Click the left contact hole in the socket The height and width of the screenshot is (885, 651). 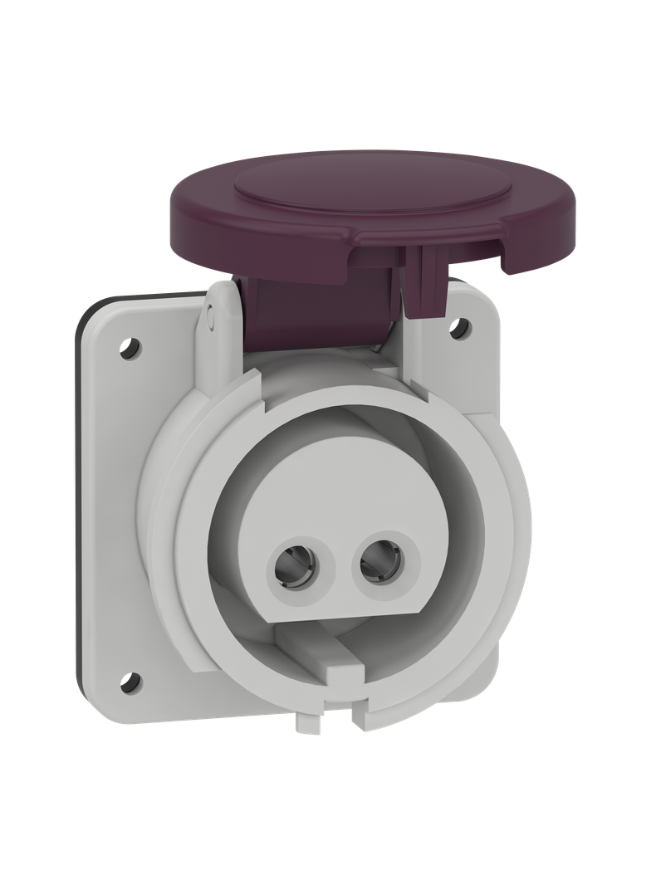tap(295, 570)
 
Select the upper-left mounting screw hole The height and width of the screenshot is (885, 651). tap(128, 343)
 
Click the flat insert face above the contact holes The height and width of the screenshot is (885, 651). tap(332, 490)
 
